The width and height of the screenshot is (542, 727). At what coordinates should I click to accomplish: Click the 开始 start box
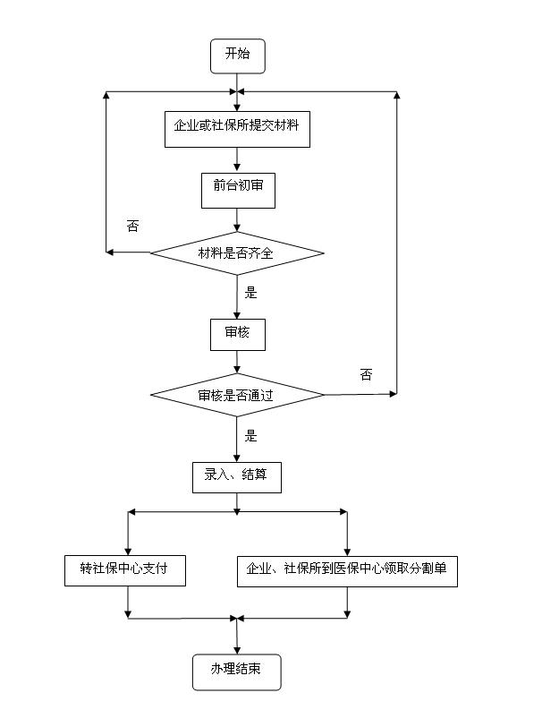pos(237,56)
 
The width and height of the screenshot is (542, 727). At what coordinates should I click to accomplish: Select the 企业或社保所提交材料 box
pos(237,129)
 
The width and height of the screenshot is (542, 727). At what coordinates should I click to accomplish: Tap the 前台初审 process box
pos(237,190)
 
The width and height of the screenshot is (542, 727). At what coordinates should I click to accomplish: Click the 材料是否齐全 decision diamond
pos(236,253)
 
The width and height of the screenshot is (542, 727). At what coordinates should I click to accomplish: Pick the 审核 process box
pos(237,334)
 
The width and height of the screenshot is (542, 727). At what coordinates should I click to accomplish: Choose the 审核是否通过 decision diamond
pos(236,395)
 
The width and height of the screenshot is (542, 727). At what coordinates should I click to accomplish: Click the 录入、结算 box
pos(236,476)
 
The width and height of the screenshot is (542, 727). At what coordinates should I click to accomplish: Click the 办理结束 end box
pos(236,671)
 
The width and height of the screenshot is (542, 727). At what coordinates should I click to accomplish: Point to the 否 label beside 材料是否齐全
pos(132,227)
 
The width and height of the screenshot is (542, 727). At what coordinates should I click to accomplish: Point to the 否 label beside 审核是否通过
pos(366,374)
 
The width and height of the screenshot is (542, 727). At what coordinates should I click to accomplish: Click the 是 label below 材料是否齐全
pos(251,292)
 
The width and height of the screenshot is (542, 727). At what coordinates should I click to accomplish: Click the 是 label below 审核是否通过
pos(251,436)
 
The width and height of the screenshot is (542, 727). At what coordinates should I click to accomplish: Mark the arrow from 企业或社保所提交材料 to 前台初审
pos(237,159)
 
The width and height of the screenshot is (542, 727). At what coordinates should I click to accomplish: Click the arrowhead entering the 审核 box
pos(237,314)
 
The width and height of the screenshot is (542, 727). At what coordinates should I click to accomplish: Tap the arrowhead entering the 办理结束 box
pos(237,649)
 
